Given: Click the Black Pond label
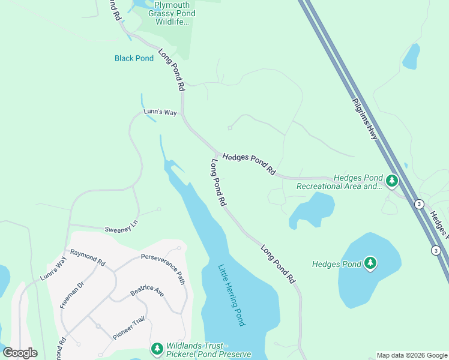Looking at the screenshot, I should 134,58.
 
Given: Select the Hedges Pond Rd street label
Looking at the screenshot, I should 249,164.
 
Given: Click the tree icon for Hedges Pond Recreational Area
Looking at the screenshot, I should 392,180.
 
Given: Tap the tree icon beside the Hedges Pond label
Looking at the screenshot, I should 370,263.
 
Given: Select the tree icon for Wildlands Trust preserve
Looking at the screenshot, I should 157,348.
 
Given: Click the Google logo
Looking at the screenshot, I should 20,353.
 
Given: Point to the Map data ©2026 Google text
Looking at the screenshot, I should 412,355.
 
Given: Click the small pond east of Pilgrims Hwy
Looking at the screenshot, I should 411,56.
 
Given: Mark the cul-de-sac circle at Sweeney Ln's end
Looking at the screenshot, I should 158,209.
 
